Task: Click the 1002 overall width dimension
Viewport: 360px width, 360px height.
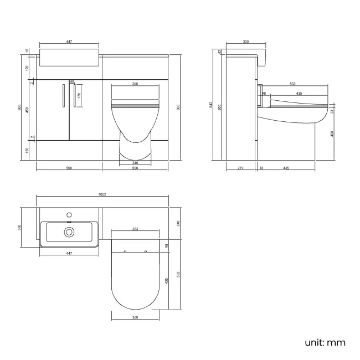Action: pos(102,194)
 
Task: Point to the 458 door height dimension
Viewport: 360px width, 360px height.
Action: pos(28,110)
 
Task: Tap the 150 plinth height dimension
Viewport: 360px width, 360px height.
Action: pos(28,150)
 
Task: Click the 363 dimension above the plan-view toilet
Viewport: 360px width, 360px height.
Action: pos(135,228)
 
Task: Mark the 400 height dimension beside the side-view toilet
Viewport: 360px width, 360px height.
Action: pos(332,133)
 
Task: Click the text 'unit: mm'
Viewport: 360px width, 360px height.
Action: pos(325,342)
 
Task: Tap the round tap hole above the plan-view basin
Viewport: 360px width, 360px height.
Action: pos(69,213)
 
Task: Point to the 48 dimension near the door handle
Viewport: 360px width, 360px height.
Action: pos(71,81)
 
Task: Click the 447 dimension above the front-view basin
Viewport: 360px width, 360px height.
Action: pos(70,42)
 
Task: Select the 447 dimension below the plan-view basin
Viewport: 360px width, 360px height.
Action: pos(70,253)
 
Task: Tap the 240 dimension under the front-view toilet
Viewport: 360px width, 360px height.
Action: pos(136,163)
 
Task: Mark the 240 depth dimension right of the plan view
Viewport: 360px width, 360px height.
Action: pos(179,223)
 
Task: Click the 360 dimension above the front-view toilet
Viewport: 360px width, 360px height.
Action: pos(135,84)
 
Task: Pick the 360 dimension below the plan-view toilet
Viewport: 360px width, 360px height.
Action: pos(135,317)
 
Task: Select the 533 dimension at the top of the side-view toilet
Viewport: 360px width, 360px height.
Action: pos(292,84)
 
